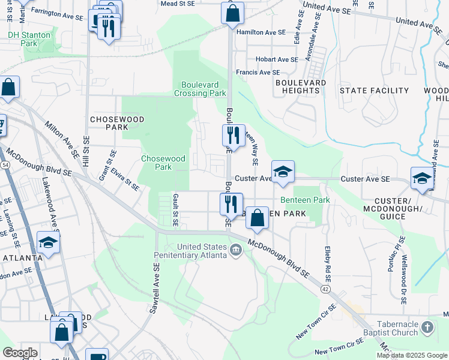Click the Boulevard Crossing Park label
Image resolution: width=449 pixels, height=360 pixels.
(x=200, y=89)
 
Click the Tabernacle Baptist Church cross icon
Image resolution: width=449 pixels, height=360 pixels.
(x=427, y=327)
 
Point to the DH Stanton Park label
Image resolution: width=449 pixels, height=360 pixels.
(x=29, y=39)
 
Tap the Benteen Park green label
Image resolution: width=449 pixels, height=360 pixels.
(x=305, y=200)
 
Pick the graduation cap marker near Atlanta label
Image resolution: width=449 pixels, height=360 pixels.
(x=48, y=242)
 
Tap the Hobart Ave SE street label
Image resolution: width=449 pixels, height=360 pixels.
(x=276, y=59)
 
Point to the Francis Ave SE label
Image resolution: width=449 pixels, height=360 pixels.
(x=258, y=72)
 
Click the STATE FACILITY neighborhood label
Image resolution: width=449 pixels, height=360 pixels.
(x=374, y=91)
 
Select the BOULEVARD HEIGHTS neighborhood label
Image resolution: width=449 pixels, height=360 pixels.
(x=301, y=86)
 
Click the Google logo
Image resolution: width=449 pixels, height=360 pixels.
(x=20, y=353)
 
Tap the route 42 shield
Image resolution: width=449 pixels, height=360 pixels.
(x=325, y=289)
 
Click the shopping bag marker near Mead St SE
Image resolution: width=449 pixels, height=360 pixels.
(x=232, y=13)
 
